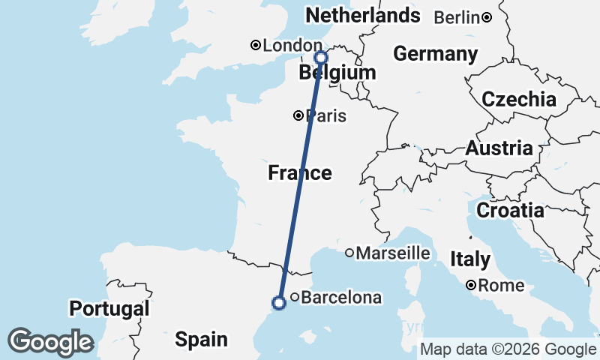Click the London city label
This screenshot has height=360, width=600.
pyautogui.click(x=282, y=46)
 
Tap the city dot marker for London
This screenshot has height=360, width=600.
pyautogui.click(x=256, y=46)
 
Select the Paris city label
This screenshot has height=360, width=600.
pyautogui.click(x=326, y=115)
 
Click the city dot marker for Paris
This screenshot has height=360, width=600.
pyautogui.click(x=298, y=115)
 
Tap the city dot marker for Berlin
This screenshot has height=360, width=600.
pyautogui.click(x=487, y=17)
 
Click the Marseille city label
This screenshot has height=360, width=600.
pyautogui.click(x=393, y=253)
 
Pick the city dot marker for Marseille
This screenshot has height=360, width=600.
pyautogui.click(x=349, y=253)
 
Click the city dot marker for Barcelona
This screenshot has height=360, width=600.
pyautogui.click(x=295, y=298)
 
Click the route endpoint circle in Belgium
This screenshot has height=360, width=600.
pyautogui.click(x=321, y=58)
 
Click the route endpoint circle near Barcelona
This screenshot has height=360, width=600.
pyautogui.click(x=279, y=303)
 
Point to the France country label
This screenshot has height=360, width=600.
pyautogui.click(x=300, y=173)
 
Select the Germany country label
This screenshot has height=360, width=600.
pyautogui.click(x=435, y=54)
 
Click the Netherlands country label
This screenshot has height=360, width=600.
pyautogui.click(x=361, y=15)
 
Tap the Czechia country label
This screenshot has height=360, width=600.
pyautogui.click(x=519, y=99)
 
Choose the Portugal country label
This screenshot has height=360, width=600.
pyautogui.click(x=109, y=308)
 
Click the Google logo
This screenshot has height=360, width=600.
pyautogui.click(x=50, y=342)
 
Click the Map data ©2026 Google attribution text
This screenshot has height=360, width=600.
pyautogui.click(x=508, y=349)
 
